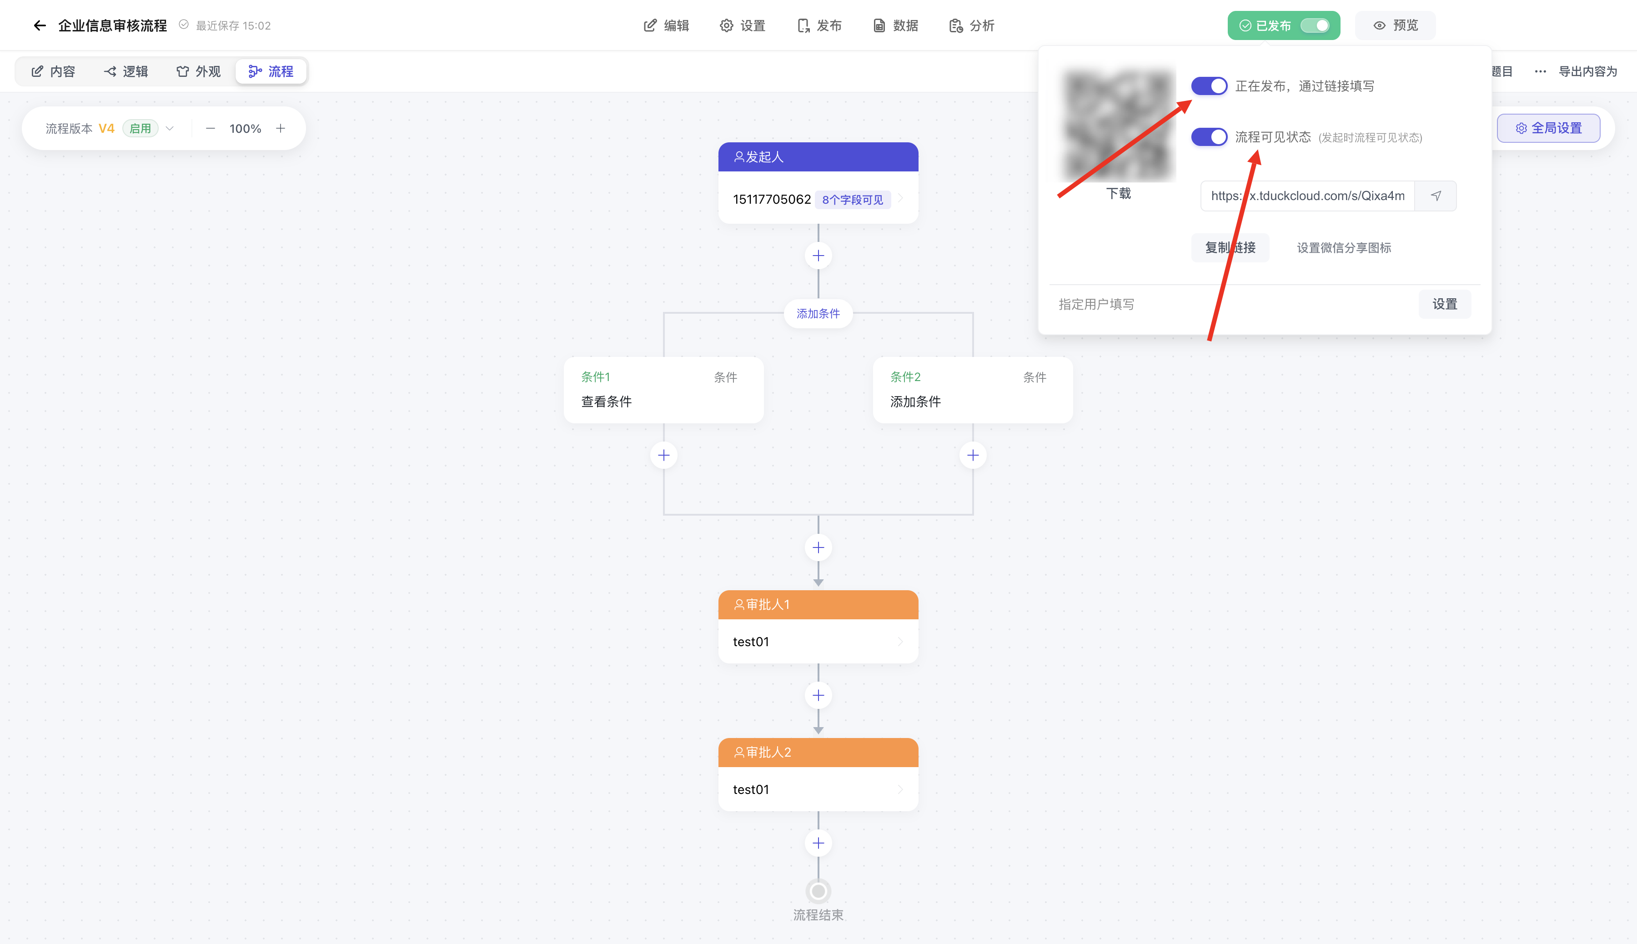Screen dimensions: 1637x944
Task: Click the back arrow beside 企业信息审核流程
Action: click(x=40, y=25)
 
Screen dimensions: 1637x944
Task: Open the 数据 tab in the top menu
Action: click(x=895, y=25)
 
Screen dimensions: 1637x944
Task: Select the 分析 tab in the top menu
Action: click(x=971, y=25)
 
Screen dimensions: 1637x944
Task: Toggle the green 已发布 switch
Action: click(x=1315, y=25)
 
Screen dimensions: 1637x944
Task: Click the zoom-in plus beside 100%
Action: click(x=281, y=128)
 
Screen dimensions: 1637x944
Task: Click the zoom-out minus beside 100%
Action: click(x=210, y=128)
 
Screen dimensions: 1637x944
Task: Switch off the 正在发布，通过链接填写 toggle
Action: click(x=1209, y=85)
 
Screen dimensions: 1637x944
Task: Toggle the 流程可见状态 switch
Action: click(x=1209, y=137)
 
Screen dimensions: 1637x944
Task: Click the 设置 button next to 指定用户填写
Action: click(x=1445, y=304)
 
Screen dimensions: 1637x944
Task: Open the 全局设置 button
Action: click(x=1548, y=128)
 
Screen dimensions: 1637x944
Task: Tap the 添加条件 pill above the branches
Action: click(x=818, y=314)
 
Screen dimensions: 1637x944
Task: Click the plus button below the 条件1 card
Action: click(x=664, y=455)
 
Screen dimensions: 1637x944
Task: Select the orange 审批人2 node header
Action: click(x=818, y=752)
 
